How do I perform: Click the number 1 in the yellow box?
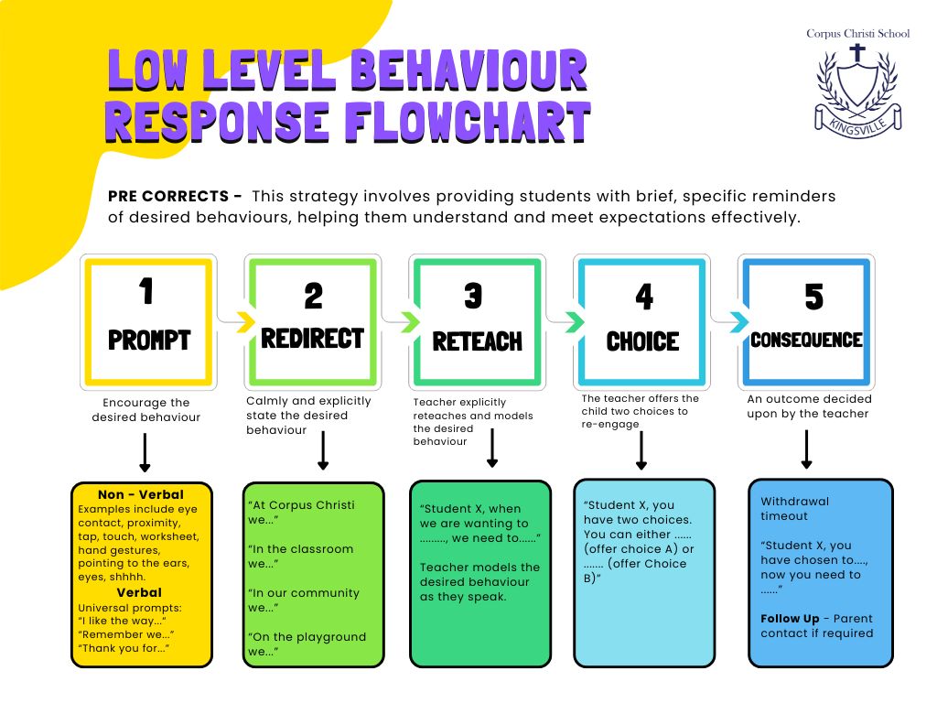pos(146,292)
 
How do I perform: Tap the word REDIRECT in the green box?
pos(312,338)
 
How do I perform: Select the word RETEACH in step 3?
pos(477,341)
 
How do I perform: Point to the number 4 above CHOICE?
pos(644,297)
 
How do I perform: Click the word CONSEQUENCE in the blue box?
pos(806,340)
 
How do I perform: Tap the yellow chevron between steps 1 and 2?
pos(244,321)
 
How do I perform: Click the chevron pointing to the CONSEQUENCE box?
pos(738,321)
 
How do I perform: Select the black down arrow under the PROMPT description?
pos(145,452)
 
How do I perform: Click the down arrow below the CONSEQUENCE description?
pos(806,449)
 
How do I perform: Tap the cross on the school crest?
pos(857,53)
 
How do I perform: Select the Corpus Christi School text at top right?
pos(857,34)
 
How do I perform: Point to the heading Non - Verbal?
pos(140,495)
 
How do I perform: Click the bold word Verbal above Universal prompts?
pos(139,592)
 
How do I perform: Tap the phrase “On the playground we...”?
pos(307,644)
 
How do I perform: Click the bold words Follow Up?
pos(790,619)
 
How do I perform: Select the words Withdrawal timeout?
pos(794,508)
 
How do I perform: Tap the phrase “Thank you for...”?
pos(124,648)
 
